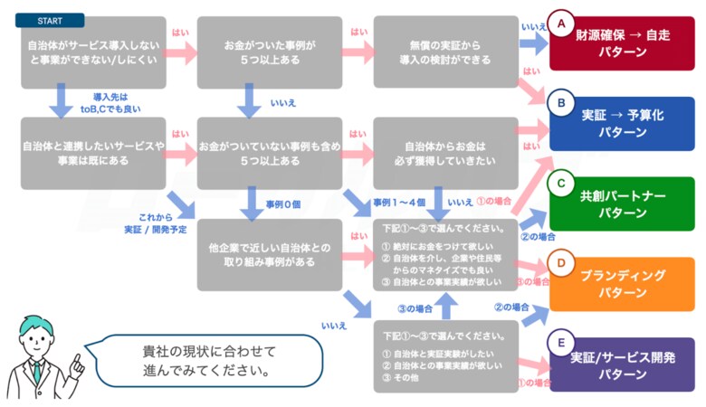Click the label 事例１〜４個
coord(397,202)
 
